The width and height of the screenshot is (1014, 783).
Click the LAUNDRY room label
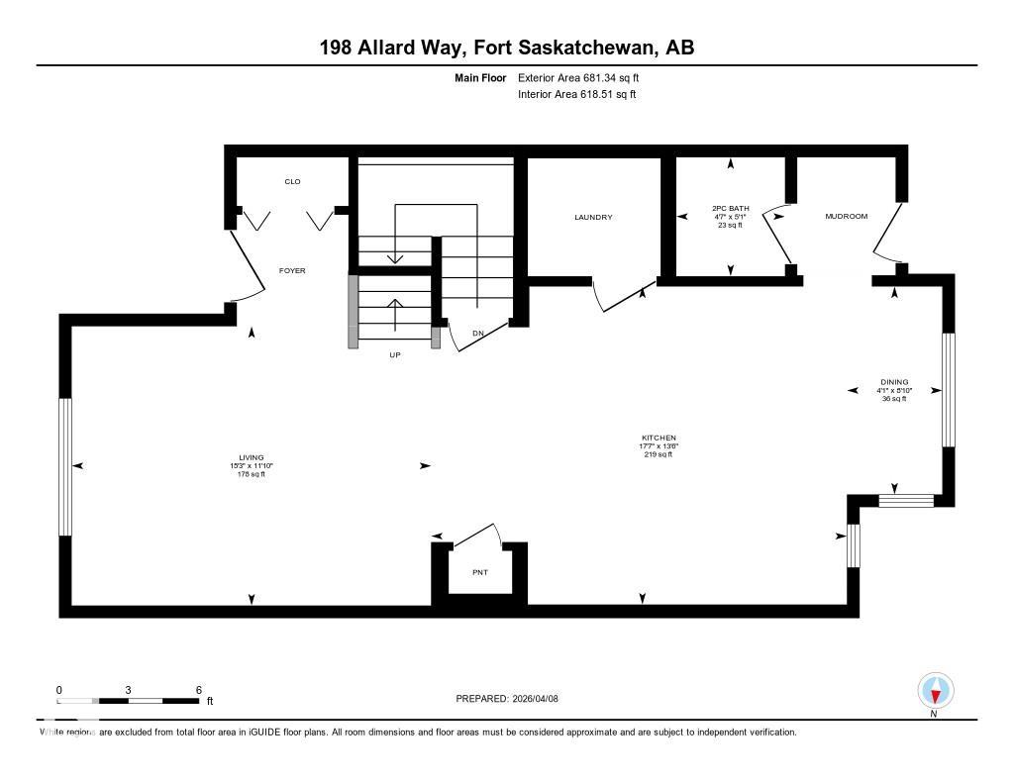[x=593, y=217]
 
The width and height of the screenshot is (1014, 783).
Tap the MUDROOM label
[x=847, y=216]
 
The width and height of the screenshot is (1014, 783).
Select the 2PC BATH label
[x=731, y=209]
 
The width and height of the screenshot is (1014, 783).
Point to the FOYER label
[x=292, y=270]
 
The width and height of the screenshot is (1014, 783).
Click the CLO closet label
[x=292, y=181]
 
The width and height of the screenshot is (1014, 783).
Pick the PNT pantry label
[x=480, y=572]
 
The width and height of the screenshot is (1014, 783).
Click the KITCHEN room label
[x=658, y=438]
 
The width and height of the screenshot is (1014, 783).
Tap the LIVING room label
[x=251, y=457]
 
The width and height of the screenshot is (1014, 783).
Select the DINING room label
[x=894, y=382]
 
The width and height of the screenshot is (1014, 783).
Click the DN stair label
[x=477, y=334]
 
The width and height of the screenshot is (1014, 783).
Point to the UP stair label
[x=394, y=354]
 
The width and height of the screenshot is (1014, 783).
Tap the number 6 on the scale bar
[x=199, y=690]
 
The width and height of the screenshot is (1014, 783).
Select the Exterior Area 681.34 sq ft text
[x=585, y=77]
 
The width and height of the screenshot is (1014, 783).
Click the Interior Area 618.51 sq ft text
[x=576, y=95]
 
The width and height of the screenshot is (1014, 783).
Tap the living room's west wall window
[x=65, y=466]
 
